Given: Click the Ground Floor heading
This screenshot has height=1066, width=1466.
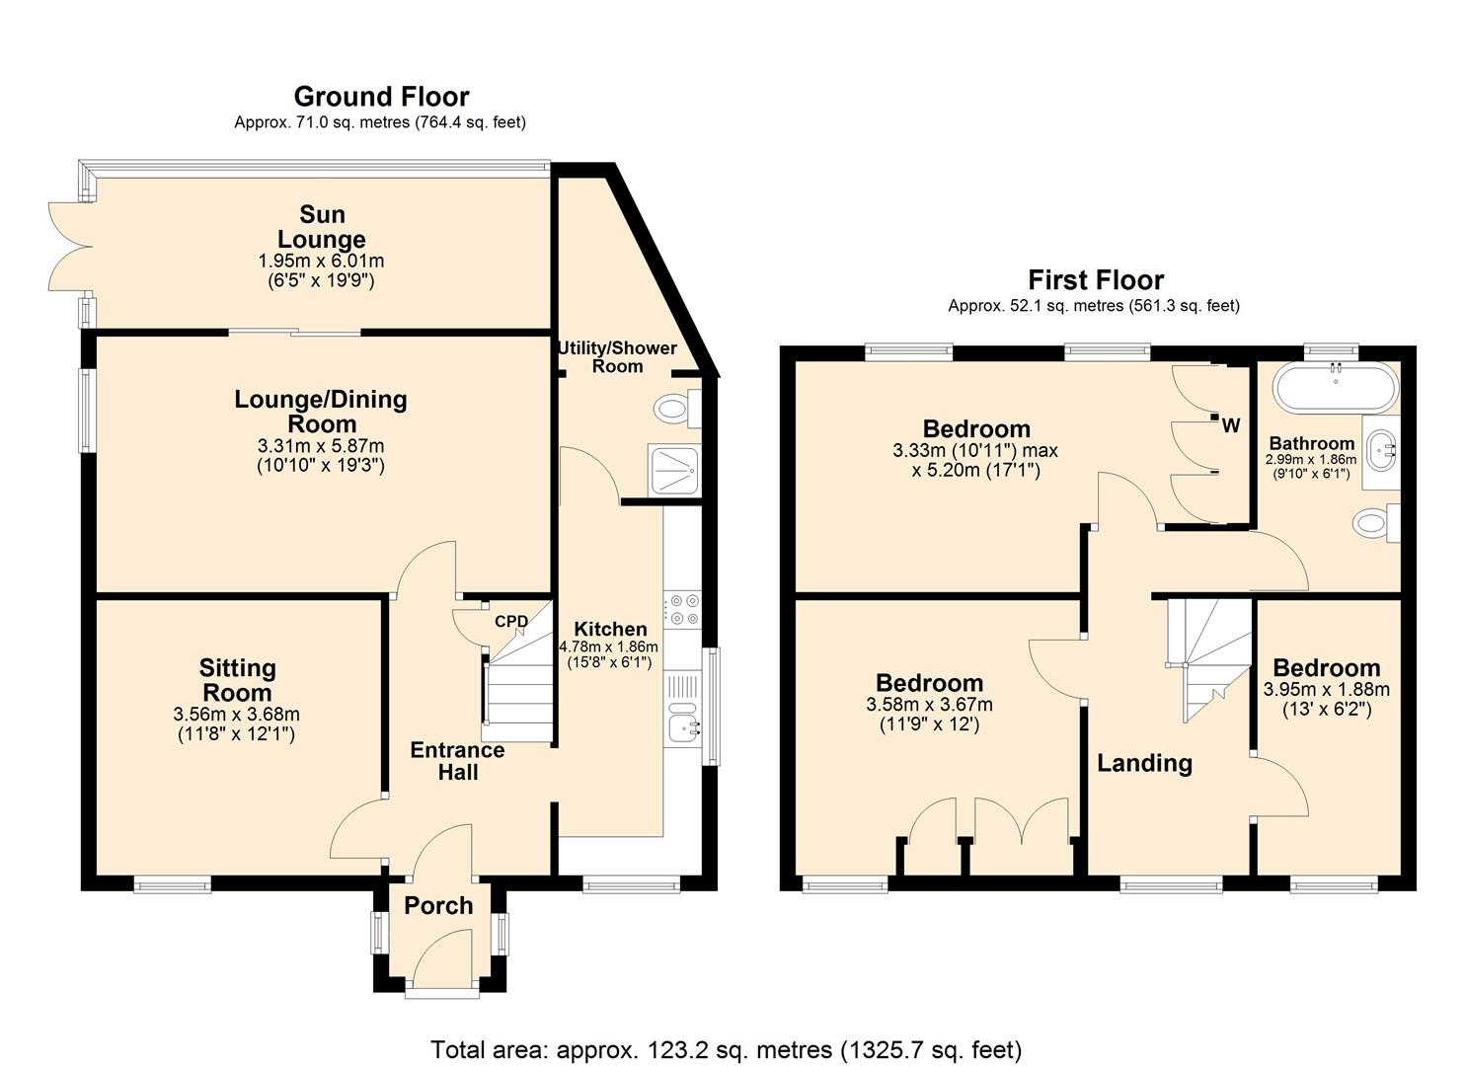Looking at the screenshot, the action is (381, 97).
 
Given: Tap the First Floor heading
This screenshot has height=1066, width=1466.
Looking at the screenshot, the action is (1096, 280).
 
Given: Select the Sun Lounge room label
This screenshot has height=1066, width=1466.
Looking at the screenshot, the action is (322, 226).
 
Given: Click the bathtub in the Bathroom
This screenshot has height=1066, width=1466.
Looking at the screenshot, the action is (1336, 388).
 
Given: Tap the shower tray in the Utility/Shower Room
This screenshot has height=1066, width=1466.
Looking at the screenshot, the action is (674, 470).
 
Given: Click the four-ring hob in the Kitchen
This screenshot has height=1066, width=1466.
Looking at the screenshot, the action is (682, 609).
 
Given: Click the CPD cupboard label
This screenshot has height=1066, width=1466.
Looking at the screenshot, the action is (511, 621).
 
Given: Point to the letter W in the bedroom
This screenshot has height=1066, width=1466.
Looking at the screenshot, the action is (1231, 426).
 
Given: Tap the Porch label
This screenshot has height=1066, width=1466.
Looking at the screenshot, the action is (438, 906).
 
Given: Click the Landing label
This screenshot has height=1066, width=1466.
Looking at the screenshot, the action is (1144, 764).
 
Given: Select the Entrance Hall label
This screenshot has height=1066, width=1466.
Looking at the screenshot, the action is (457, 761).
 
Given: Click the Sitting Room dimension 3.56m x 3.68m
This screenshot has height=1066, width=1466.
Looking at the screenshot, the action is (237, 714).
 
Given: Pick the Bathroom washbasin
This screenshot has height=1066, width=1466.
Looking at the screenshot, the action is (1381, 450).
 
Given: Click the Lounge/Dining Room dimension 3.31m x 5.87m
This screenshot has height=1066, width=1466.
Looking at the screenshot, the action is (321, 446).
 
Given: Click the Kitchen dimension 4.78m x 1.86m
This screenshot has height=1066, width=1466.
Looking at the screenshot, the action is (609, 647).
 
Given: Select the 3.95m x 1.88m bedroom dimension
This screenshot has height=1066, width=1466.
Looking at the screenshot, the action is (1327, 689).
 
